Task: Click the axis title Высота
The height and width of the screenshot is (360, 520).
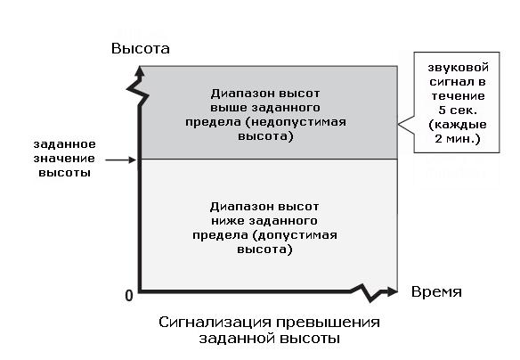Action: [x=141, y=49]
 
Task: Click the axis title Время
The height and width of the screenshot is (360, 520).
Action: [x=436, y=292]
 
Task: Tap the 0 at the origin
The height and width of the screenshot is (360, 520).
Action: [x=129, y=295]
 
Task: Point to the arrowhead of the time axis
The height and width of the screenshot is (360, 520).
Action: [x=393, y=291]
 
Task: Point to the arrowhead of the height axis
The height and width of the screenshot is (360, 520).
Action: [x=140, y=71]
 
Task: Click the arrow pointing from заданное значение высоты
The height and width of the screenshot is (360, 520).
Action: [x=121, y=160]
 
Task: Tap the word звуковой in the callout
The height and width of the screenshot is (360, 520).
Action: [x=458, y=68]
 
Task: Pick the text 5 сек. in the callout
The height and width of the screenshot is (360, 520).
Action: [x=458, y=110]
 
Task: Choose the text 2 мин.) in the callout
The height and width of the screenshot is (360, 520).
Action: [x=458, y=138]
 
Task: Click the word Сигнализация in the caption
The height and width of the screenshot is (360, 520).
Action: [x=215, y=323]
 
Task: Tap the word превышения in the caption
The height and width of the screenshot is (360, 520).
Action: [x=328, y=323]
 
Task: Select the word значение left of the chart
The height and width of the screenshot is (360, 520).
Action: [x=64, y=159]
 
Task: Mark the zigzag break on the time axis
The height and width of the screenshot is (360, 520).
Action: [x=367, y=292]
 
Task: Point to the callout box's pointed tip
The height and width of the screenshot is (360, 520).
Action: [x=398, y=125]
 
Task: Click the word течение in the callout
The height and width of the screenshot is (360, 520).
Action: [x=458, y=96]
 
